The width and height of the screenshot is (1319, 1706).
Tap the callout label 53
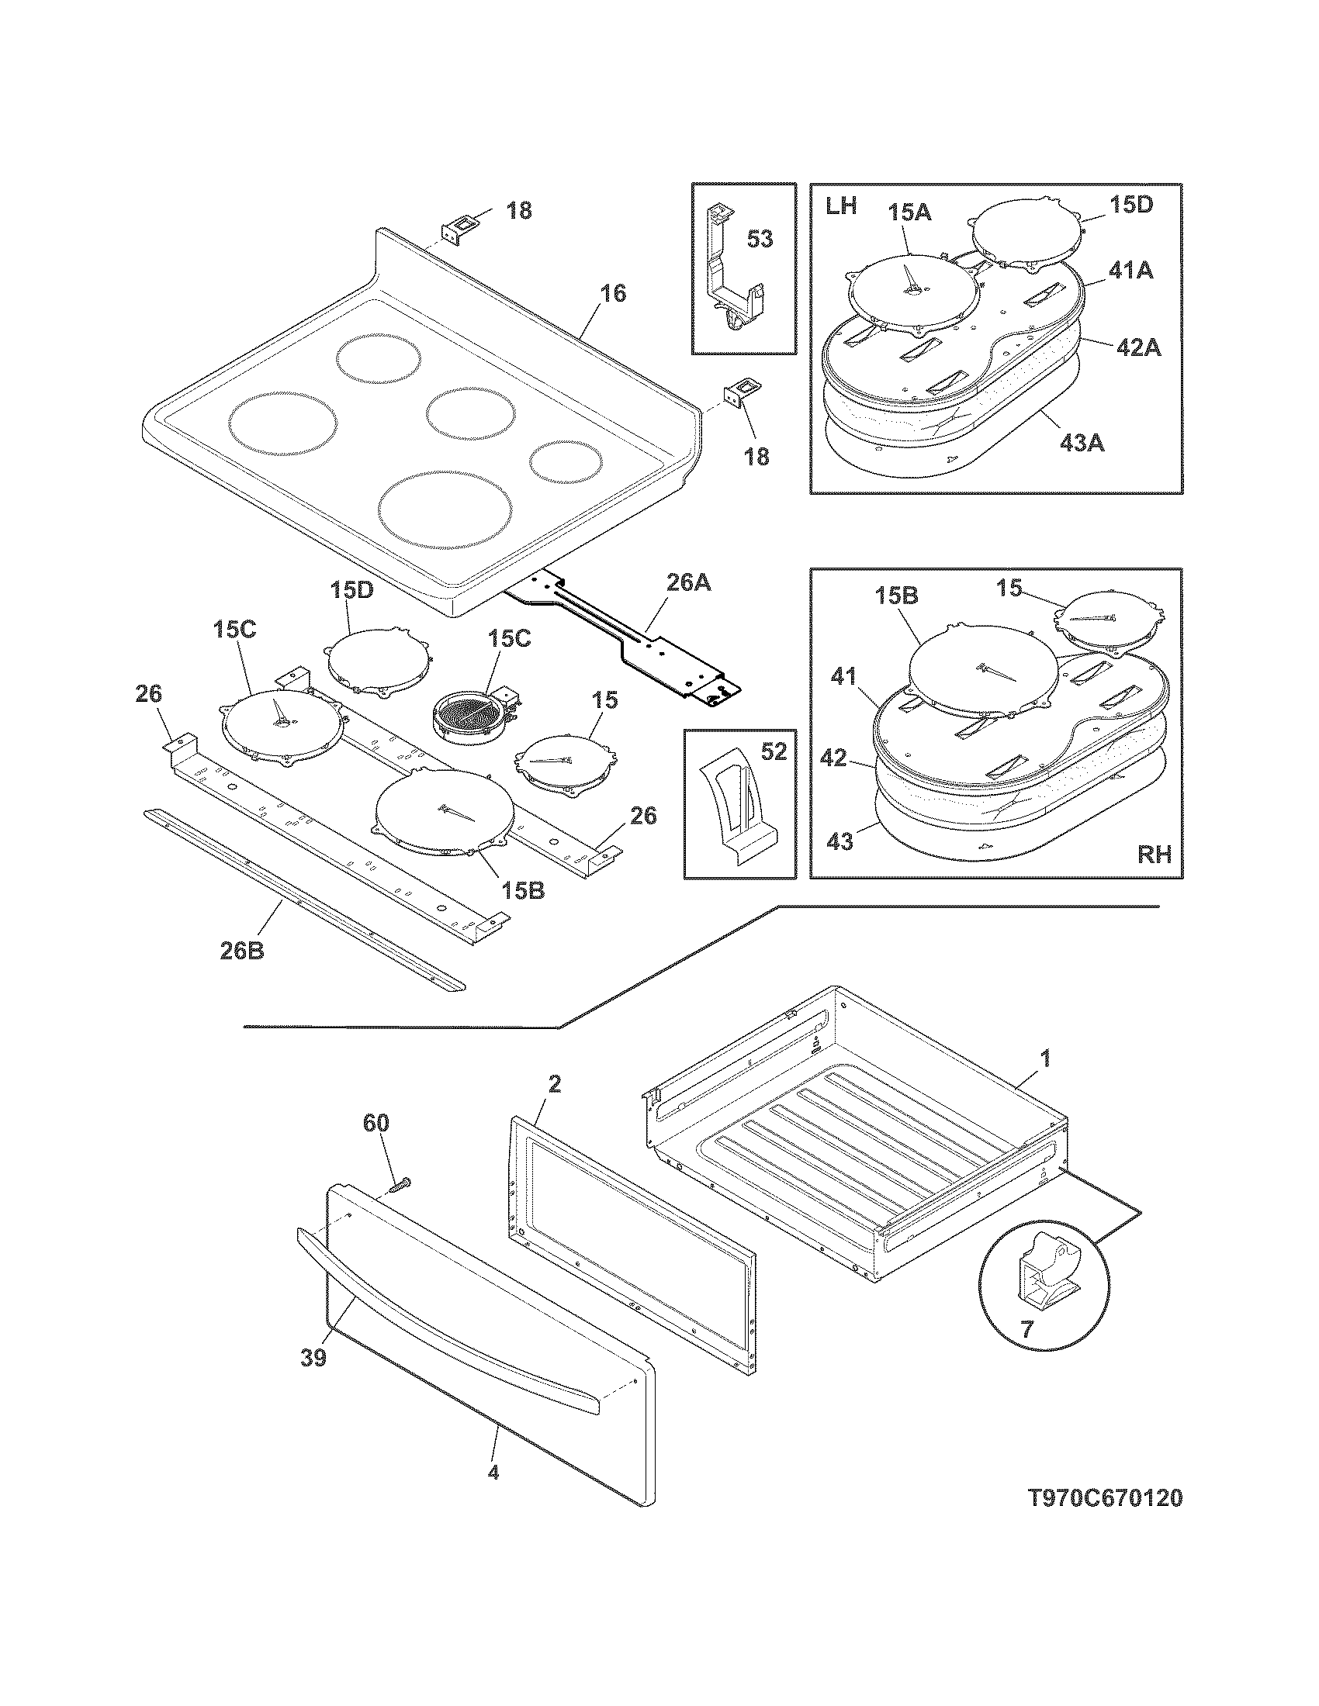760,239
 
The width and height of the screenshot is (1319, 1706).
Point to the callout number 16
614,294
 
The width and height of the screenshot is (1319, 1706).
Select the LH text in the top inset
840,206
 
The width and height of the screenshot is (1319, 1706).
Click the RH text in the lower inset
1155,855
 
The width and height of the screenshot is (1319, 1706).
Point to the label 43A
1082,443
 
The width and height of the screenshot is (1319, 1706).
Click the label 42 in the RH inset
835,758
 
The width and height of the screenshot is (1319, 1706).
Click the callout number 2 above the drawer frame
554,1084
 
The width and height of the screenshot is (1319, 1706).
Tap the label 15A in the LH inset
909,212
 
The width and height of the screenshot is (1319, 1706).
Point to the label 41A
1130,271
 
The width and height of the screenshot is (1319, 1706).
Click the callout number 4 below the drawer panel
492,1473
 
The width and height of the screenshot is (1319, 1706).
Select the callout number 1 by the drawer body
1046,1059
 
